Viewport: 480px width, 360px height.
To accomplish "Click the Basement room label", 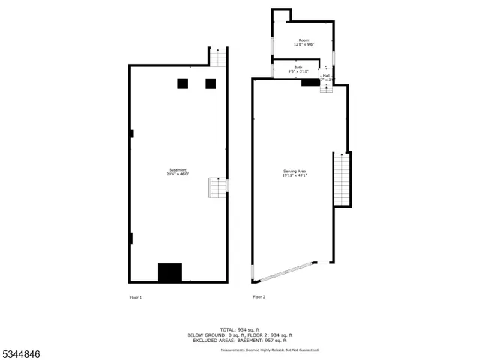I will point(178,172).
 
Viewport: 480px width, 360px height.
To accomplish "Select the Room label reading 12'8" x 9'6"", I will point(304,42).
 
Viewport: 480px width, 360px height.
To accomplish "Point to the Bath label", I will point(298,70).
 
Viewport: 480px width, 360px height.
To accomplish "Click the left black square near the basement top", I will point(182,83).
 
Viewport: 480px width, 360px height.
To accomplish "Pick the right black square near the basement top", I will point(211,83).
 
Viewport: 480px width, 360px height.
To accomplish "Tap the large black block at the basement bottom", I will point(169,272).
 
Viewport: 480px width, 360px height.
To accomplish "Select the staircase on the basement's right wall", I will point(217,187).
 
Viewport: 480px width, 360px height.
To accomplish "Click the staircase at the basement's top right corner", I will point(217,57).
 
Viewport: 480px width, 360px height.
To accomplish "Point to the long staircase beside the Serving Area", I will point(342,179).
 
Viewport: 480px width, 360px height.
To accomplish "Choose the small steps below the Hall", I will point(326,88).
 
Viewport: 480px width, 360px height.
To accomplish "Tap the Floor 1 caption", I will point(135,298).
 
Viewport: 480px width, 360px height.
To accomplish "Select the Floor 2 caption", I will point(259,298).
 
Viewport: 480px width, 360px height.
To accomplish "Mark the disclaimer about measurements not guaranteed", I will point(270,349).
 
